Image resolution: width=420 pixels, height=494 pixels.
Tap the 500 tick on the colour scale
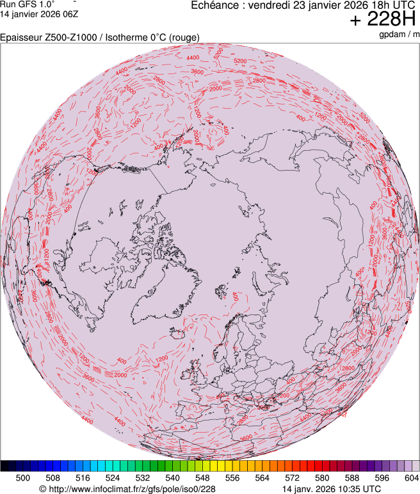(23, 477)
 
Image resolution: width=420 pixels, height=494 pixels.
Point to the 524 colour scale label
(113, 477)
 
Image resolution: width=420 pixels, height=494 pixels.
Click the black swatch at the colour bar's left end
(5, 466)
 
